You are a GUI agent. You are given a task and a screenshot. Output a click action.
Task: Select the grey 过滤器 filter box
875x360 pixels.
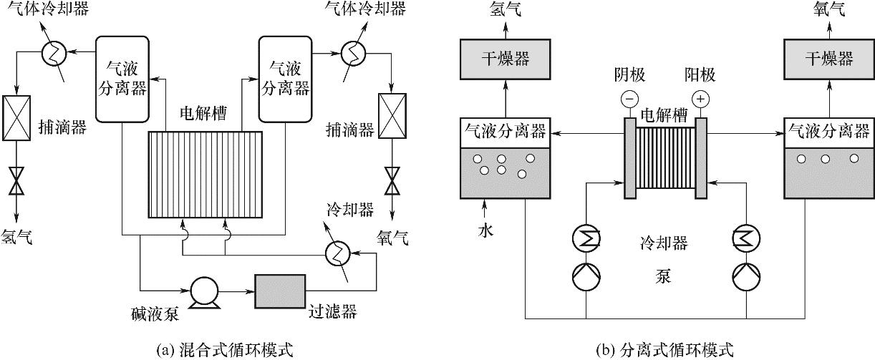[281, 291]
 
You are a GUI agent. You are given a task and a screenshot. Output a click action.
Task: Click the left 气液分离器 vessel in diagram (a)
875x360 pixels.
[122, 79]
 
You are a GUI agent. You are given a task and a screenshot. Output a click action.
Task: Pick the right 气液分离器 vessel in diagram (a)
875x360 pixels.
[286, 79]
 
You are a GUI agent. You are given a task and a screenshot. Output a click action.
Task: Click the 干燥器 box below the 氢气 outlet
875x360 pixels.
[506, 58]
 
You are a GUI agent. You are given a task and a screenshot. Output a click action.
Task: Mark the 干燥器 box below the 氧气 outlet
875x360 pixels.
[829, 58]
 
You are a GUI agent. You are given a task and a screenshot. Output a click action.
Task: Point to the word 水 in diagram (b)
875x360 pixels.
[485, 231]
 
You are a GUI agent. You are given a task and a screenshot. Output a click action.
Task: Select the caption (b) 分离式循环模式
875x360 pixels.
[665, 350]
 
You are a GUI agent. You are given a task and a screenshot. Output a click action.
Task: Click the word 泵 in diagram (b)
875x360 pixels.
[662, 276]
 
